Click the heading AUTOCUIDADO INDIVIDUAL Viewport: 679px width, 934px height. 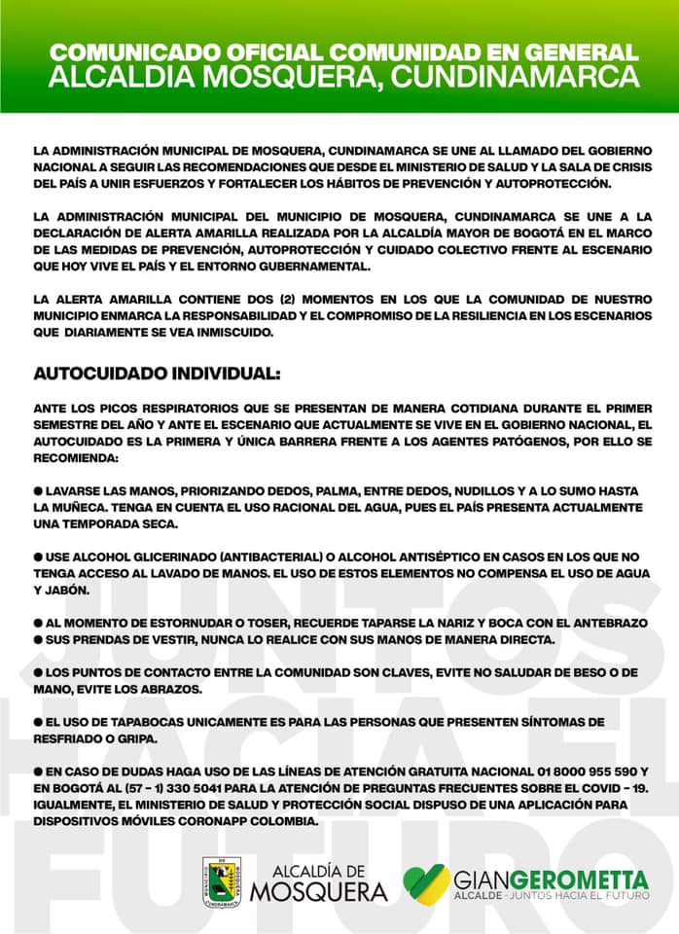pos(157,374)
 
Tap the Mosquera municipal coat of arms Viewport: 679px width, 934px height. pos(222,882)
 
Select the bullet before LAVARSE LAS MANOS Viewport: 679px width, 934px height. pos(38,492)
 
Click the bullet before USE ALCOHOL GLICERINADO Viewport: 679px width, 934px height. pos(38,557)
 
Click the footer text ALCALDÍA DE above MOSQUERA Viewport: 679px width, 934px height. pos(318,871)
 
